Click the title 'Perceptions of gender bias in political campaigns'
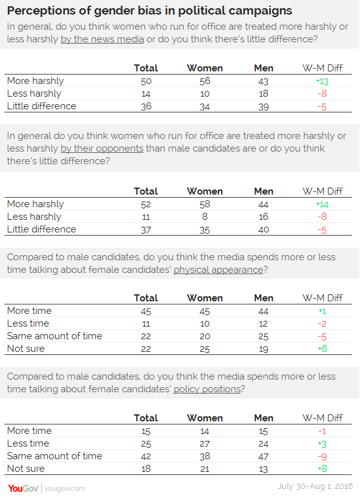149,11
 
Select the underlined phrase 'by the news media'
102,39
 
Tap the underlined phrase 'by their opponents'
102,148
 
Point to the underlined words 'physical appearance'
219,270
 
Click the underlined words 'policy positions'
207,389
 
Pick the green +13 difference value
322,81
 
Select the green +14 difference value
322,204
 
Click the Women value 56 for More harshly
205,81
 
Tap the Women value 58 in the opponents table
205,204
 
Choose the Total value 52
146,204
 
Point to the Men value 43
263,81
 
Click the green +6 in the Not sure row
322,349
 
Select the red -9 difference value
322,456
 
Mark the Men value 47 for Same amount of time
263,456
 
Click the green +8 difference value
322,469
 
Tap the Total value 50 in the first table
146,81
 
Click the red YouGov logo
23,488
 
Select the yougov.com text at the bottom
64,488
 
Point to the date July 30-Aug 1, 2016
315,486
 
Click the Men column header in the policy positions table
263,418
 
